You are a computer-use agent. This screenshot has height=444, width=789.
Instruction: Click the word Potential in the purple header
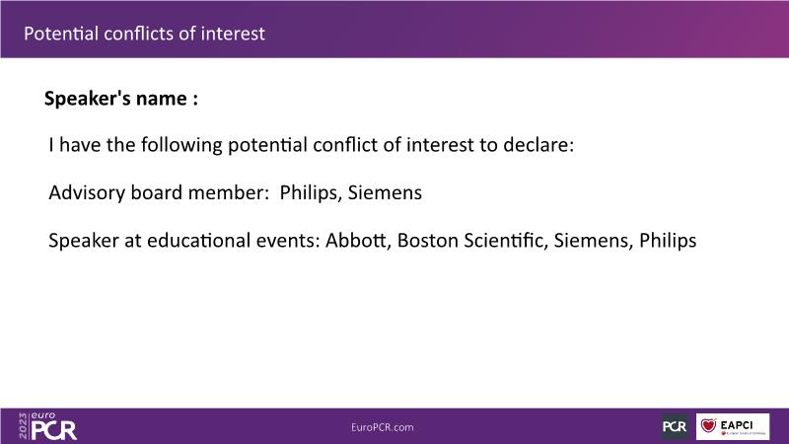click(61, 34)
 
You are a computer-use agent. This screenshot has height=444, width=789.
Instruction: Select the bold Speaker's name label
click(120, 98)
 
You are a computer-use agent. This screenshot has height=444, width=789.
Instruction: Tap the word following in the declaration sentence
click(181, 145)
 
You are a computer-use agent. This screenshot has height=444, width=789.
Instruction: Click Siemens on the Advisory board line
click(385, 192)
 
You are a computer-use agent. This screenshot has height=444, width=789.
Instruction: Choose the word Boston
click(428, 241)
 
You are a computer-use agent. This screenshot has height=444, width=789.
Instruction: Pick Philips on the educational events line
click(668, 241)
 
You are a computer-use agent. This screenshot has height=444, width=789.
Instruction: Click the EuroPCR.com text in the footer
click(383, 427)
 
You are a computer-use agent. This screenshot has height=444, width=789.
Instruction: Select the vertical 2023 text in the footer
click(23, 426)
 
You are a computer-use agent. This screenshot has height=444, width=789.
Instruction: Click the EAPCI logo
click(733, 427)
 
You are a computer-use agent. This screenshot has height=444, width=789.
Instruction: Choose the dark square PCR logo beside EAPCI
click(675, 427)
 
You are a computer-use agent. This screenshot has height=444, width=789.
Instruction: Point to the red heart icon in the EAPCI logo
click(708, 425)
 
